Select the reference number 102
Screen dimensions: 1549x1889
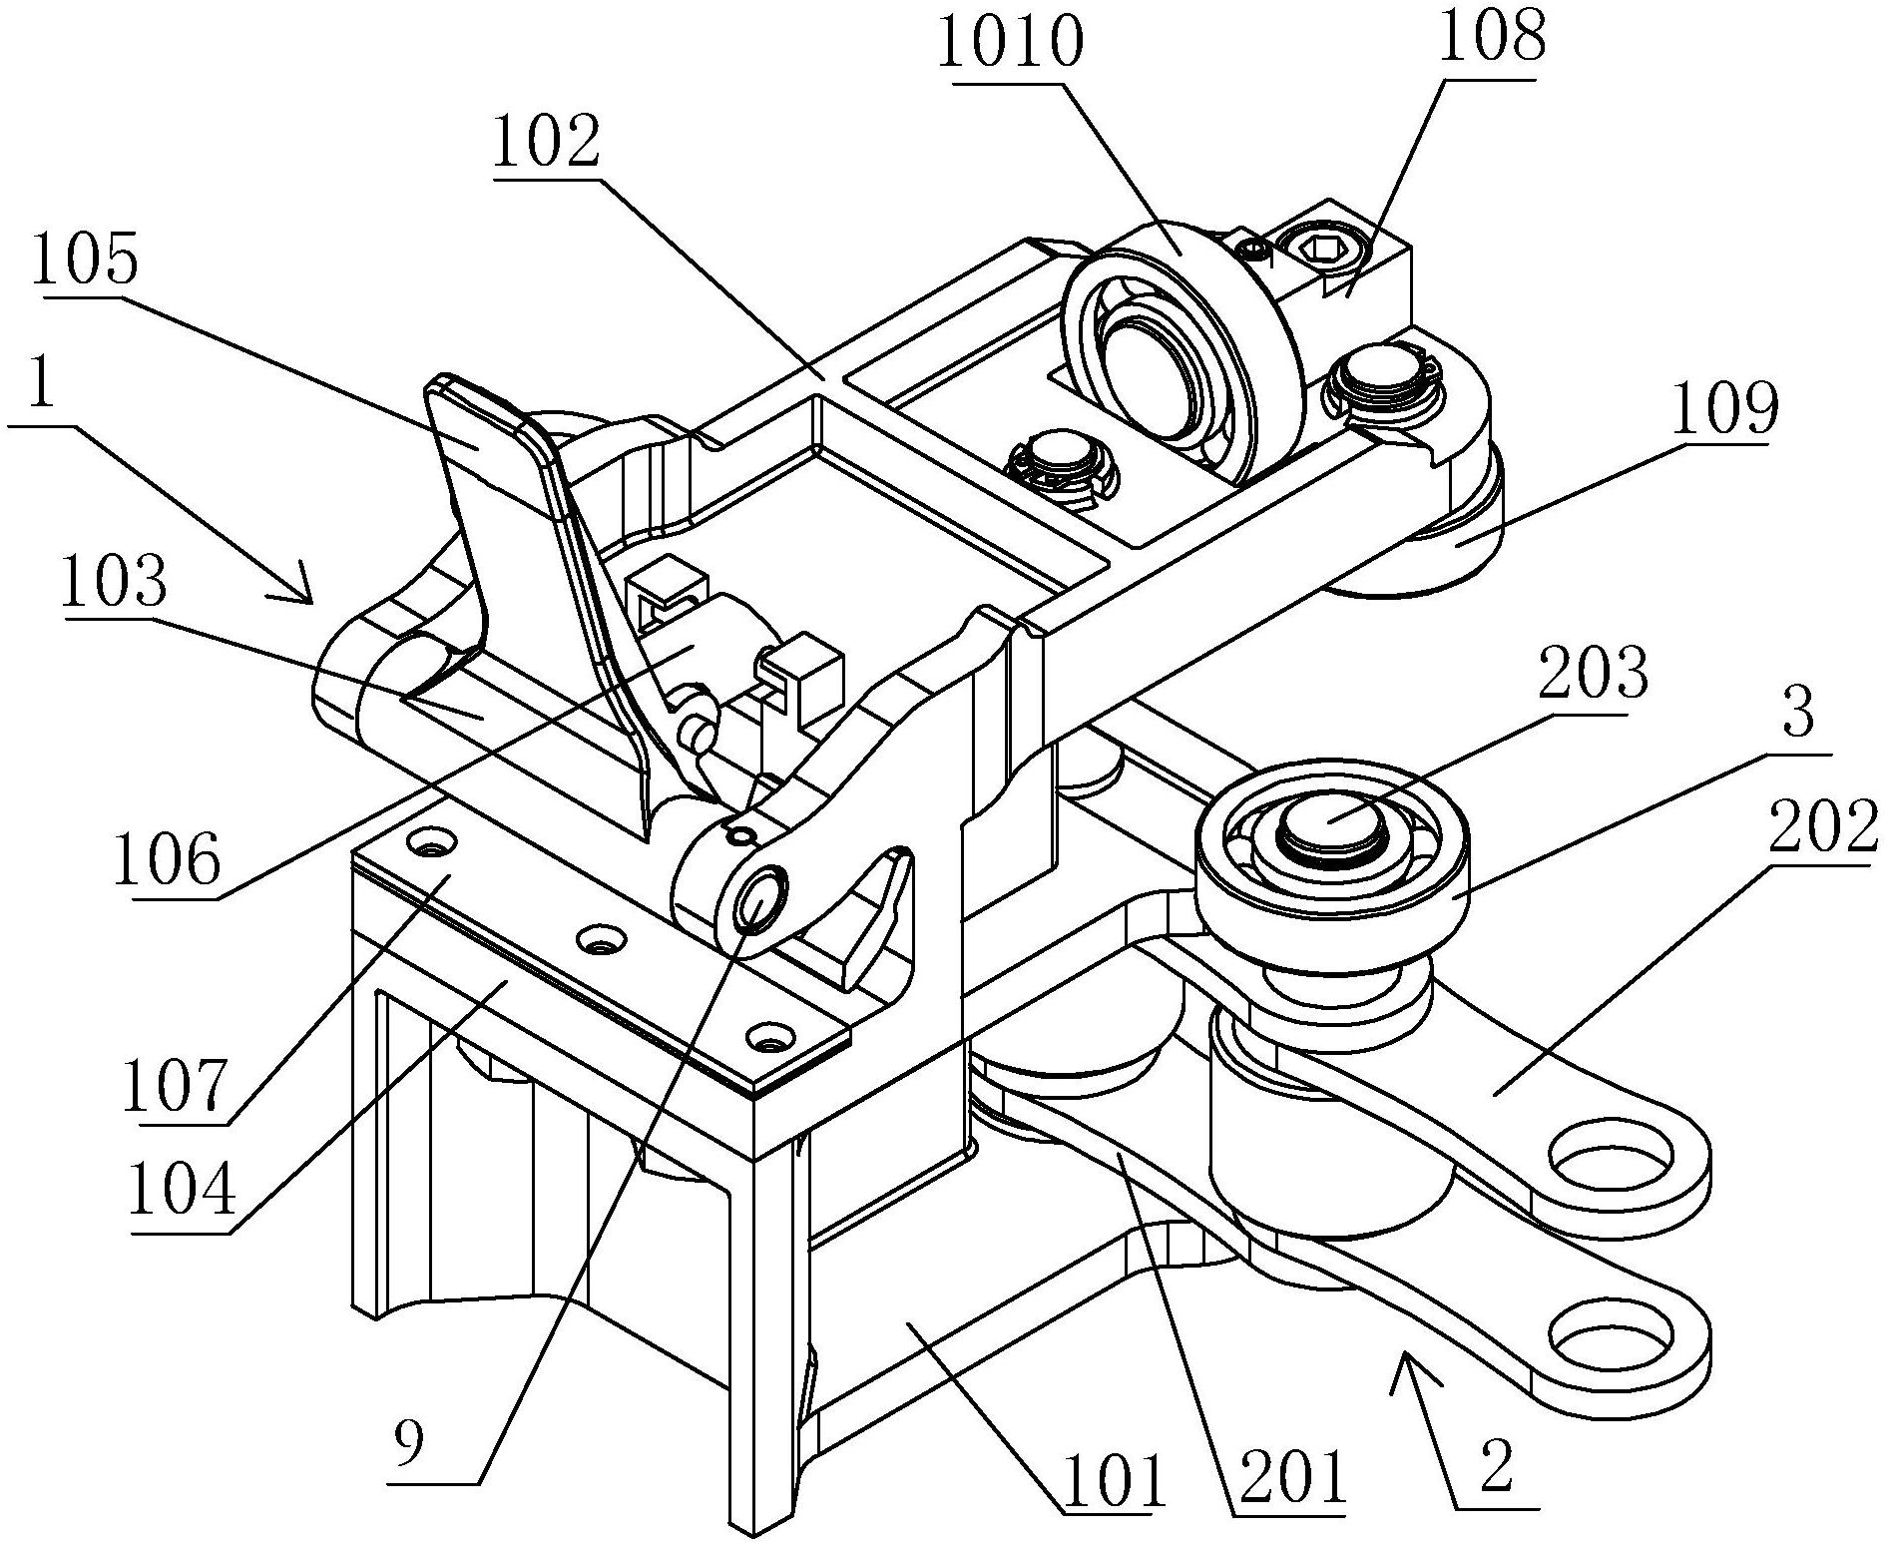pyautogui.click(x=546, y=143)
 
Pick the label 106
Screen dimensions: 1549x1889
pyautogui.click(x=166, y=860)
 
